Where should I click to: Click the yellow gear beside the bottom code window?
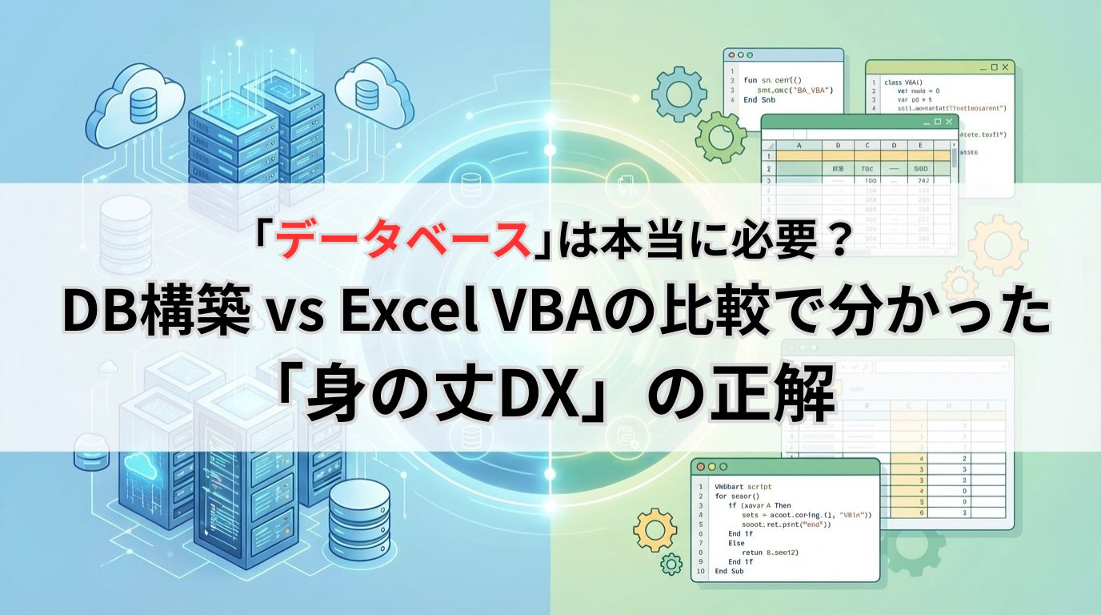[653, 530]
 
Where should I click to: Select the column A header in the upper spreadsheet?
[799, 146]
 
